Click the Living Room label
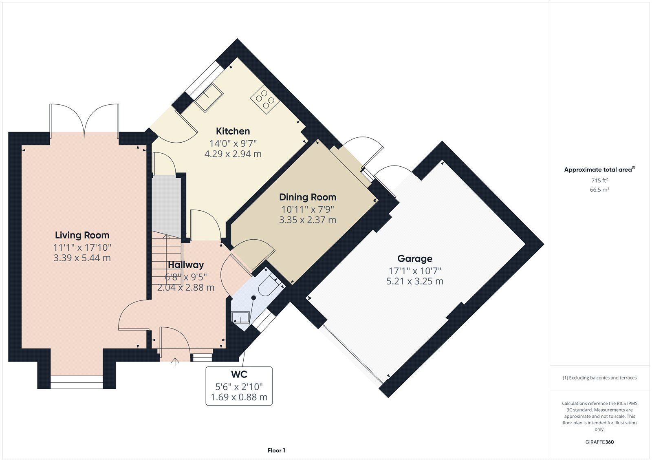coord(82,235)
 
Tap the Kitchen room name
coord(233,131)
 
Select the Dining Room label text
coord(308,197)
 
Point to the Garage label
coord(415,258)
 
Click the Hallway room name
coord(186,265)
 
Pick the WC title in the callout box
coord(239,374)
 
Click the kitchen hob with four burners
coord(265,99)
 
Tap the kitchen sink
coord(209,97)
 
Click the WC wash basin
coord(240,317)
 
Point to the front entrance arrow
coord(175,362)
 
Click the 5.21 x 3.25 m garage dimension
coord(415,281)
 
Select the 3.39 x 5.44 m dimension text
coord(82,258)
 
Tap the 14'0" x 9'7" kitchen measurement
coord(233,143)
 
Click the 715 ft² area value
coord(599,180)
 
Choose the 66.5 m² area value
coord(599,190)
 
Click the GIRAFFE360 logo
coord(599,442)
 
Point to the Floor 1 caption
coord(277,450)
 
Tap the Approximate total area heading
coord(599,170)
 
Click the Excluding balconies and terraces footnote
coord(599,378)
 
